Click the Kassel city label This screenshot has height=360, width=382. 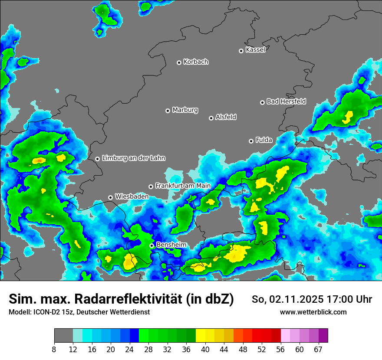click(x=255, y=50)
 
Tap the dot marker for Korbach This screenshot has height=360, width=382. click(x=179, y=62)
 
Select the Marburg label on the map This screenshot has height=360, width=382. click(x=185, y=110)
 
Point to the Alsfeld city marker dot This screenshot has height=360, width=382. click(x=211, y=118)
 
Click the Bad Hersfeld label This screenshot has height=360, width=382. click(x=286, y=101)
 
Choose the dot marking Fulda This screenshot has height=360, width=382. click(x=251, y=141)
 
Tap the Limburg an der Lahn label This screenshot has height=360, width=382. click(x=134, y=158)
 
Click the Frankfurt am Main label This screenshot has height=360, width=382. click(x=183, y=186)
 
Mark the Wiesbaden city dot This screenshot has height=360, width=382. click(x=110, y=197)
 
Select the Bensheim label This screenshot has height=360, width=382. click(x=171, y=245)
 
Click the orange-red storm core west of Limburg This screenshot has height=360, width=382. click(x=39, y=160)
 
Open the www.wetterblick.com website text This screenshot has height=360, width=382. click(x=313, y=312)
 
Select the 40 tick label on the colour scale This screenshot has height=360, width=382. click(x=205, y=350)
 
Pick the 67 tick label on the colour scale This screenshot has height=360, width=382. click(x=318, y=350)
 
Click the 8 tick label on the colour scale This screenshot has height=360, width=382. click(x=54, y=350)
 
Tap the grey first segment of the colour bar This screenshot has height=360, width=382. click(x=63, y=336)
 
